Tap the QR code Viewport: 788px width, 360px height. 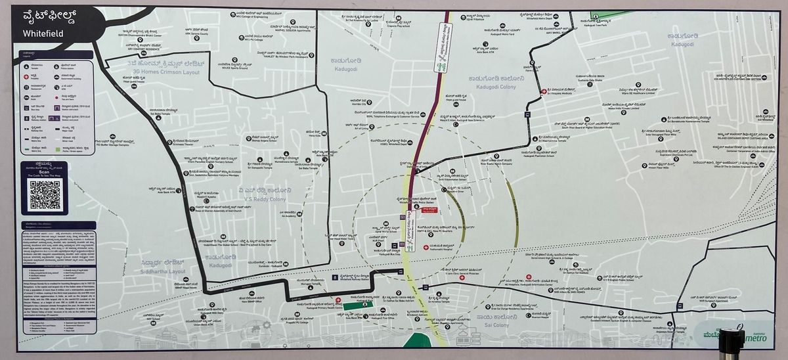(45, 195)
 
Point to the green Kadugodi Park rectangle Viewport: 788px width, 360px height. (357, 305)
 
